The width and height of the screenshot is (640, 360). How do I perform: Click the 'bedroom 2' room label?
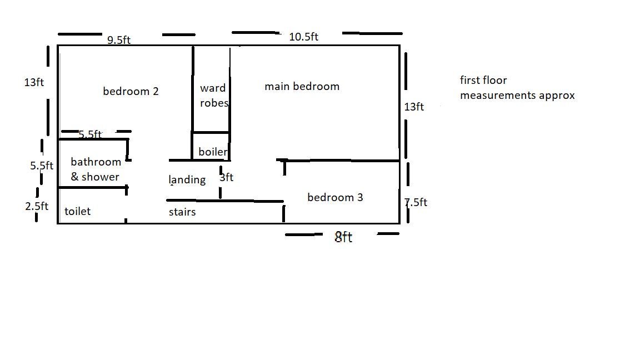click(x=131, y=91)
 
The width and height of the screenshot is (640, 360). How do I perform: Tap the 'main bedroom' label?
click(x=302, y=86)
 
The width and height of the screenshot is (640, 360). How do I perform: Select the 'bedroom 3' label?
click(x=335, y=197)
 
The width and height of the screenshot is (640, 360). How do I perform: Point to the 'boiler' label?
click(x=213, y=152)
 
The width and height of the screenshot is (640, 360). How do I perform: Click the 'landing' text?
click(x=187, y=179)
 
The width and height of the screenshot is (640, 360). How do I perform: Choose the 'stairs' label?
click(x=182, y=212)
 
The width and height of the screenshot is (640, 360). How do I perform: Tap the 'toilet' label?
click(x=78, y=211)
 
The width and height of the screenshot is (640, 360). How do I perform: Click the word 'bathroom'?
click(x=96, y=162)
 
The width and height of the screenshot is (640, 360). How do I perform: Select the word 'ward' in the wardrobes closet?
click(x=213, y=88)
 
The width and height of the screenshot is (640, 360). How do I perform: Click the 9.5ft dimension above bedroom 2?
click(x=119, y=40)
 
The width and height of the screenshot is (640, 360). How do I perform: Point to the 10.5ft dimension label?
click(x=304, y=37)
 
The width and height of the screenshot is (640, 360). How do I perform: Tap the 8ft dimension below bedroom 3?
click(x=343, y=237)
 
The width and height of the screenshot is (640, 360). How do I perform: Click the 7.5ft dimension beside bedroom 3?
click(x=416, y=202)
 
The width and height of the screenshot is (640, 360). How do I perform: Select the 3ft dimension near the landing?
click(x=227, y=177)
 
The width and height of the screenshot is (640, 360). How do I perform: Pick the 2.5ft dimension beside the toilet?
click(x=37, y=206)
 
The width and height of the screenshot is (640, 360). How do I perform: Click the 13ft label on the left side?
click(x=34, y=82)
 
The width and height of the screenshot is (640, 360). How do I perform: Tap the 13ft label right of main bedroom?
click(x=414, y=107)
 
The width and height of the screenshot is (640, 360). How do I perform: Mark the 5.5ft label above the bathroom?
click(x=90, y=134)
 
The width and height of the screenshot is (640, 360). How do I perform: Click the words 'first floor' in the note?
click(x=483, y=80)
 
